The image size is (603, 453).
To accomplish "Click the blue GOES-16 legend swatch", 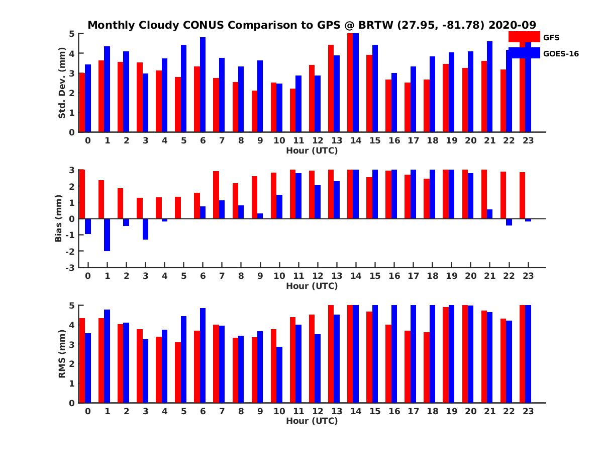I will (524, 53).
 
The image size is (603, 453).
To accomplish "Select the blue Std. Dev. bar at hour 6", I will (203, 85).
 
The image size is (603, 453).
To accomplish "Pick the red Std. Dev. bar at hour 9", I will (255, 111).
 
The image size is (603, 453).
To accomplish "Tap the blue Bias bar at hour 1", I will (107, 235).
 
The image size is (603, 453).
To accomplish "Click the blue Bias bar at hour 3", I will (145, 229).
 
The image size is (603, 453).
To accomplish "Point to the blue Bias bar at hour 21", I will (489, 214).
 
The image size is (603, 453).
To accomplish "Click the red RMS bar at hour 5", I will (178, 372).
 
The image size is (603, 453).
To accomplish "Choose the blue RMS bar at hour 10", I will (279, 374).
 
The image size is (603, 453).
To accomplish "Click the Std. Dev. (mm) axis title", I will (62, 83).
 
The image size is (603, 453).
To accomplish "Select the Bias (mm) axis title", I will (58, 219).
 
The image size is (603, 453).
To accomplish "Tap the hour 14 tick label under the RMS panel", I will (356, 411).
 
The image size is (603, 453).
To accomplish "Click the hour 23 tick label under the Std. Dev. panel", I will (528, 140).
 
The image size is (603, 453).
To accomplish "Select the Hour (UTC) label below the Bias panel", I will (312, 286).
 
